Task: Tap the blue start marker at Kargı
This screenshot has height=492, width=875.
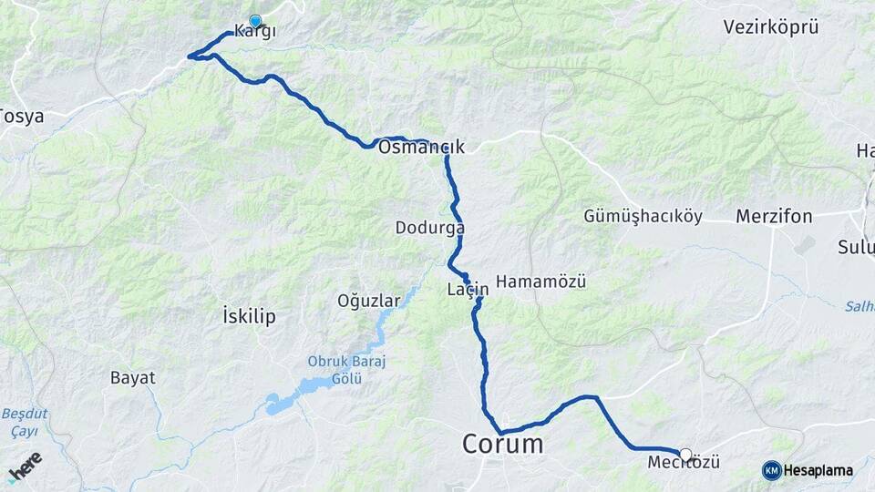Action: (x=255, y=21)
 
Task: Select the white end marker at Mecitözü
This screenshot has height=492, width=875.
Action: (x=685, y=454)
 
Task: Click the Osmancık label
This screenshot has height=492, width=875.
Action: (x=421, y=148)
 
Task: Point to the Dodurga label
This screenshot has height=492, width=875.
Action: (x=430, y=228)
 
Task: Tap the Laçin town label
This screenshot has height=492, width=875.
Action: (x=468, y=290)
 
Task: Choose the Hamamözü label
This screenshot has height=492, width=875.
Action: (x=541, y=282)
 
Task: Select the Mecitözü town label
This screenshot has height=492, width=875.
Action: (x=684, y=463)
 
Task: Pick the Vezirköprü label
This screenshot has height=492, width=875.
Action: (x=771, y=27)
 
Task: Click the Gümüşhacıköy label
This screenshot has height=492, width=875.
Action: (x=643, y=217)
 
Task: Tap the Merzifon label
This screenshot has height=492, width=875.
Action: (x=774, y=217)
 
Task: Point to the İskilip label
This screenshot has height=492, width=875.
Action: (x=249, y=316)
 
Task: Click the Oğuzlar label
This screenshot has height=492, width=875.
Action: (x=369, y=300)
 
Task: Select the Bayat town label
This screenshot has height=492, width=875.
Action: (x=133, y=377)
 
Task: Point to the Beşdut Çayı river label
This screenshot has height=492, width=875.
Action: (x=26, y=421)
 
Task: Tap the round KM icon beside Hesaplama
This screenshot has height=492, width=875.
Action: (x=772, y=470)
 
